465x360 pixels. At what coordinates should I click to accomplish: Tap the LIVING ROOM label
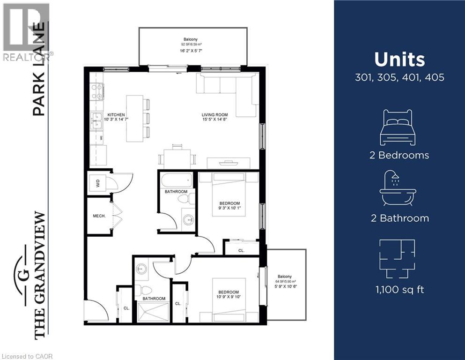(214, 115)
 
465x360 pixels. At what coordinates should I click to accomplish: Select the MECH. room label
(99, 216)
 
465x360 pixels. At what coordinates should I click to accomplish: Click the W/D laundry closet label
(97, 184)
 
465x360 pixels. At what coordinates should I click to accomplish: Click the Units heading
(399, 60)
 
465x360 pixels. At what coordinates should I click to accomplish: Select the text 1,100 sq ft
(399, 290)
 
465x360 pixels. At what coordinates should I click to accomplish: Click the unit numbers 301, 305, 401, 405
(399, 77)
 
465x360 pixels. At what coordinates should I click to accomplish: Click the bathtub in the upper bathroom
(176, 180)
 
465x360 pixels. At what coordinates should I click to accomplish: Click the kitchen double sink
(97, 121)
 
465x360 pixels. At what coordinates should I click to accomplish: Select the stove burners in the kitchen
(97, 91)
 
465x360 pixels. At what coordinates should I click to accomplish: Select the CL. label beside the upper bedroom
(241, 251)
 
